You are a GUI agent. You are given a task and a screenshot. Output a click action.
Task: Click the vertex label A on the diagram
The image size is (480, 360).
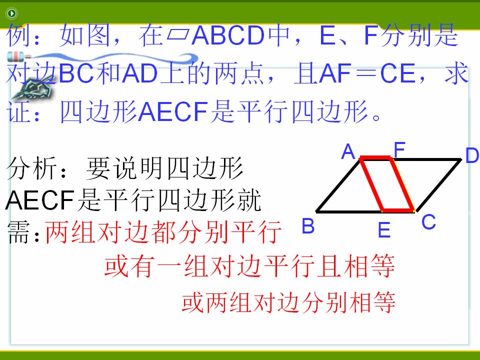click(x=348, y=152)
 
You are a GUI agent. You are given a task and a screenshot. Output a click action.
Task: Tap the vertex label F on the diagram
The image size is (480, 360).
click(x=399, y=149)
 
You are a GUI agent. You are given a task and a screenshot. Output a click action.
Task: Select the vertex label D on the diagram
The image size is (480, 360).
click(x=472, y=155)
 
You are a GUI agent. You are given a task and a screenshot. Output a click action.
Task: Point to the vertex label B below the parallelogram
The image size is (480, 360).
click(x=308, y=226)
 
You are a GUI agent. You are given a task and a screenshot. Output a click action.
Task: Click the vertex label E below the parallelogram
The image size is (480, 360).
click(x=384, y=230)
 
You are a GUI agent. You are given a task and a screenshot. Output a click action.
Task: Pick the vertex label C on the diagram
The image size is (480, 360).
click(x=428, y=221)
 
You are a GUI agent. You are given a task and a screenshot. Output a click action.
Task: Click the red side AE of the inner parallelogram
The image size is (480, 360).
click(x=372, y=184)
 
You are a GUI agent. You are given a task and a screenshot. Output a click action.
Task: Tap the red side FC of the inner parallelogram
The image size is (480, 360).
click(x=402, y=184)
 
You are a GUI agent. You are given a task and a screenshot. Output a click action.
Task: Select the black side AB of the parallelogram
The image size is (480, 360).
click(x=338, y=184)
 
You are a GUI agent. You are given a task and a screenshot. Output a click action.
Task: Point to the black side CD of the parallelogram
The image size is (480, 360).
click(x=438, y=185)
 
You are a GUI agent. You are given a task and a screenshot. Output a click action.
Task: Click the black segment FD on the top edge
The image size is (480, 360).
click(x=426, y=159)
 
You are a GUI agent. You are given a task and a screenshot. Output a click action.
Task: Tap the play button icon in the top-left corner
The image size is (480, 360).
click(x=11, y=13)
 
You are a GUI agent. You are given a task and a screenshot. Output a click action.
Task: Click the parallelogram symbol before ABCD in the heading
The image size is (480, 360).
click(x=177, y=35)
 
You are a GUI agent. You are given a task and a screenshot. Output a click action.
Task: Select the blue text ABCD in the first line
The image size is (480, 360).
click(x=228, y=35)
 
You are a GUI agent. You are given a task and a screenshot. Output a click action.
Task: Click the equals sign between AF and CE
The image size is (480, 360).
click(x=365, y=74)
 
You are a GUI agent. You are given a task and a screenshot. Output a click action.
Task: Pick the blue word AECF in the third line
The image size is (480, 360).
click(x=173, y=111)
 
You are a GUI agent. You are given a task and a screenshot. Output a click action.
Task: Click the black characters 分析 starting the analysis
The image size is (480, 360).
click(x=31, y=168)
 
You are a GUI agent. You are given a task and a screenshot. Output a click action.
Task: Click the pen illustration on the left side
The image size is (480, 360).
click(x=32, y=87)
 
